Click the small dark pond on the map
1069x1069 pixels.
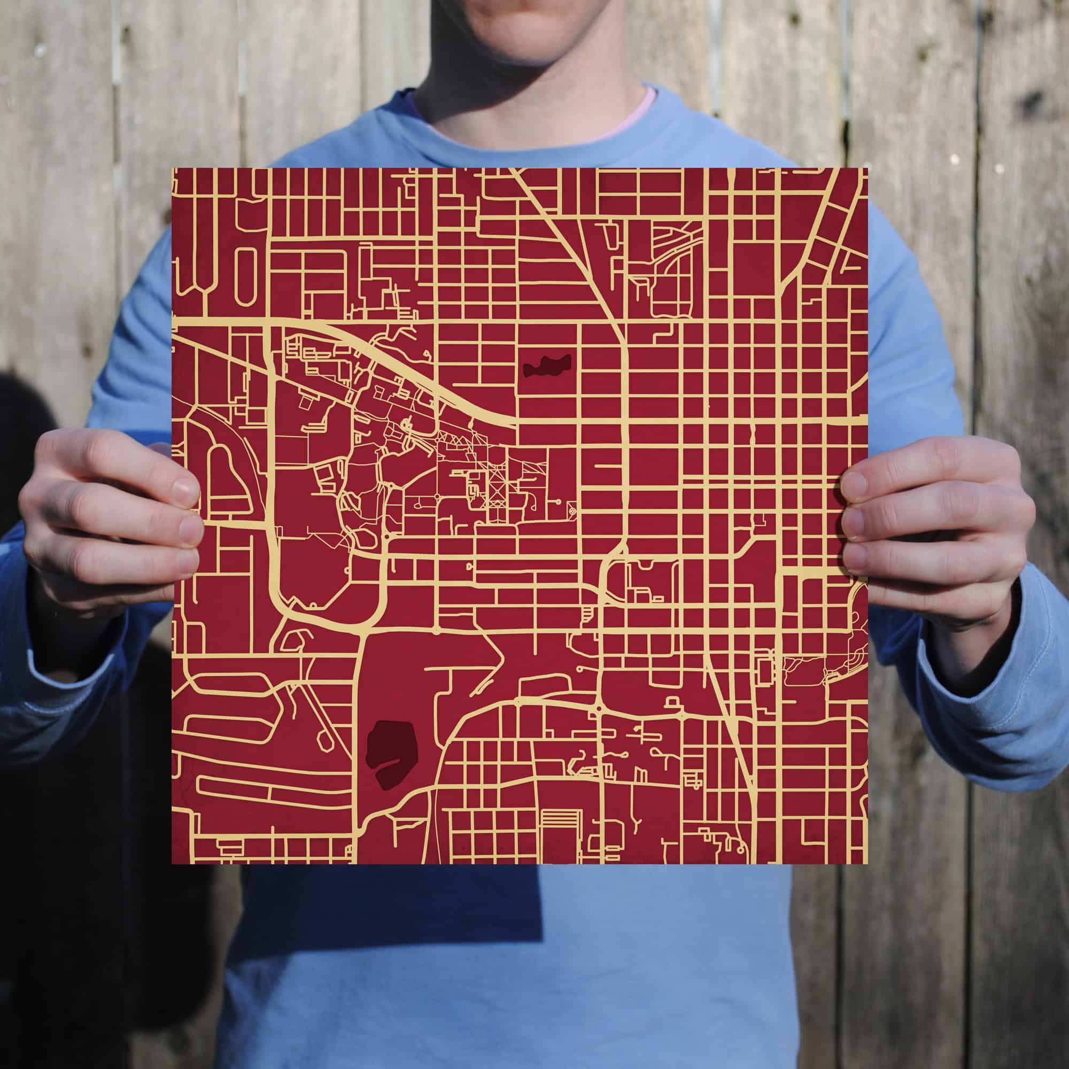point(547,366)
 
